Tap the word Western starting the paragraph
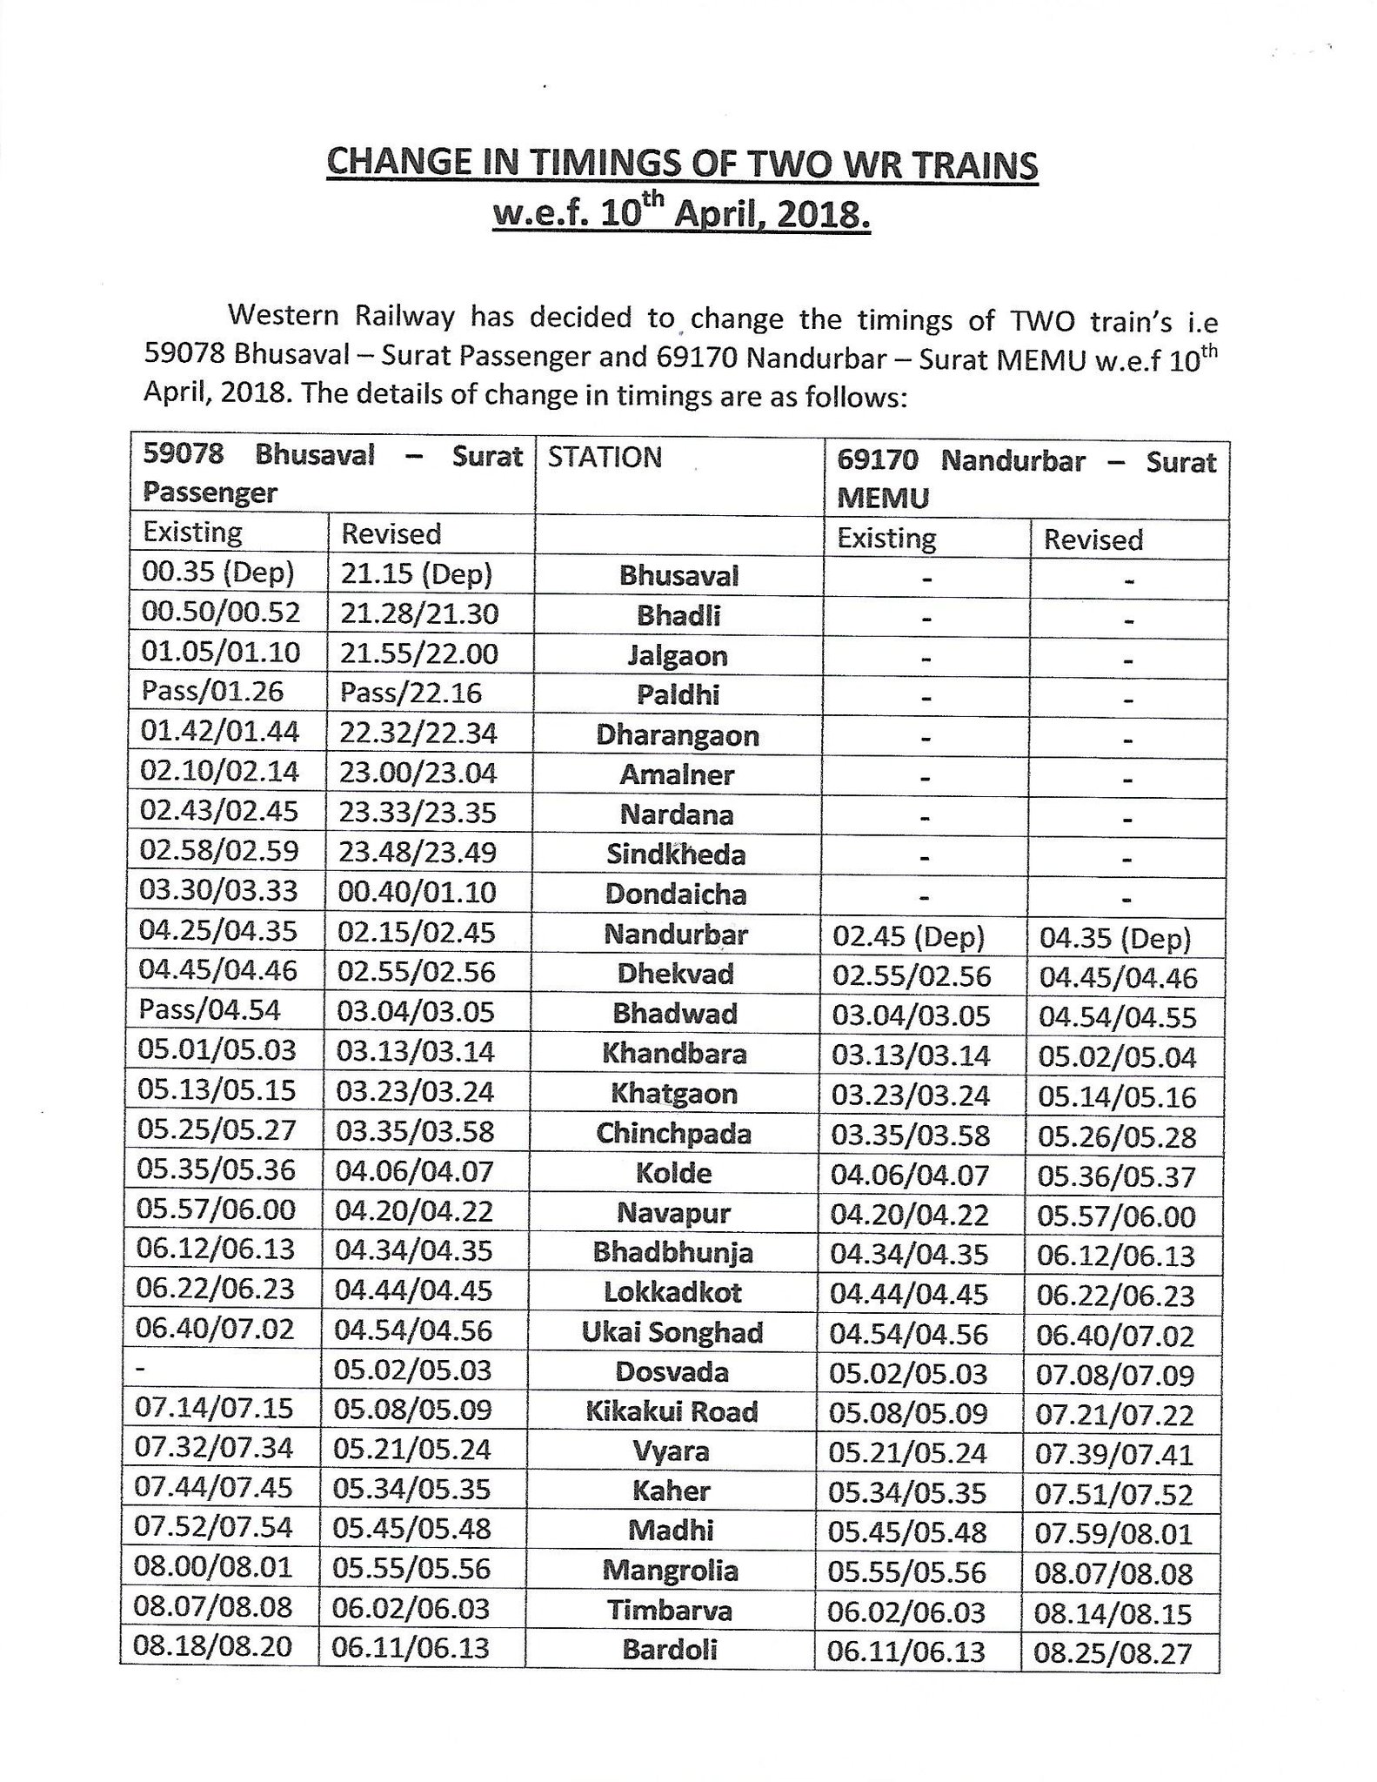point(284,316)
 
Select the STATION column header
point(605,458)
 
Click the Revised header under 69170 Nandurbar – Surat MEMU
point(1093,539)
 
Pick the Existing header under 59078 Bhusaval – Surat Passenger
point(192,532)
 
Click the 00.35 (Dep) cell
point(217,573)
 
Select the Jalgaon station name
point(677,655)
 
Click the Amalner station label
point(677,774)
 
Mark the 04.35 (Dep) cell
point(1115,939)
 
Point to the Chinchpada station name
point(673,1133)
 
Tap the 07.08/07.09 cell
point(1114,1376)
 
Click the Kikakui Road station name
point(672,1411)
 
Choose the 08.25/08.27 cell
point(1112,1653)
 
